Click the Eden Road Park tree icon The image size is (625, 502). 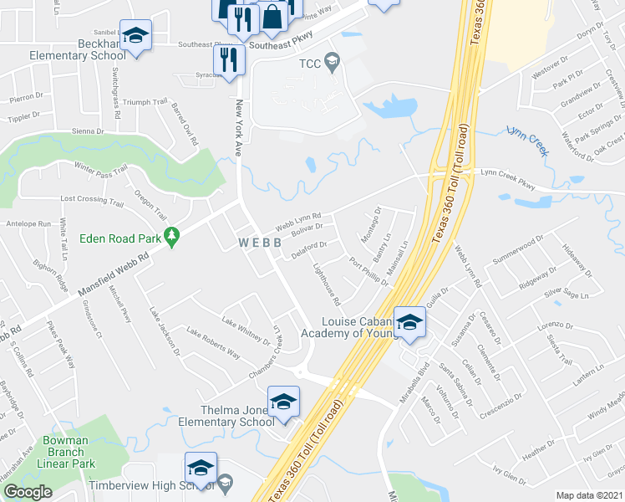click(x=172, y=238)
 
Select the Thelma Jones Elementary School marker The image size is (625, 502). click(x=283, y=402)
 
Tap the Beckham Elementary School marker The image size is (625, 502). click(x=136, y=35)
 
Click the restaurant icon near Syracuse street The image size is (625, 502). click(x=226, y=59)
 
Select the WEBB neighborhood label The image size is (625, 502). click(x=260, y=242)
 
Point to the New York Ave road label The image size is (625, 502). click(x=239, y=126)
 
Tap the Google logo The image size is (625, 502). click(x=28, y=492)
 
